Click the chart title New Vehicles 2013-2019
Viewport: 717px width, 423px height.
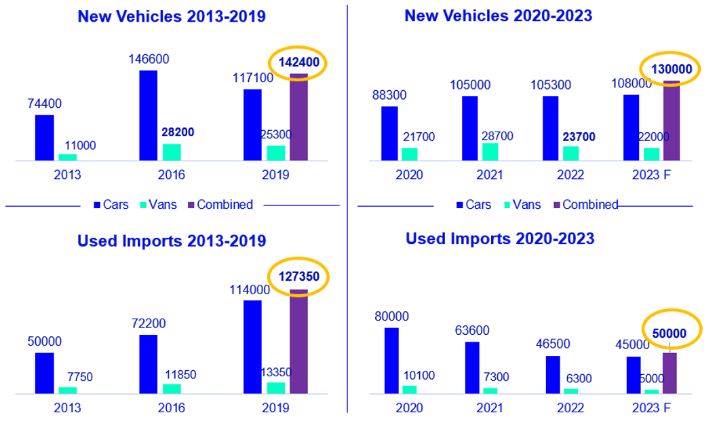point(172,16)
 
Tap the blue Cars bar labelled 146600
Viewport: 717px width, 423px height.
point(149,115)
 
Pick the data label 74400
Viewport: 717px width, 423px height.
point(45,104)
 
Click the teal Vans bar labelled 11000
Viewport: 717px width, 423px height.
point(68,157)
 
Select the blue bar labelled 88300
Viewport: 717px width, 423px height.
point(389,134)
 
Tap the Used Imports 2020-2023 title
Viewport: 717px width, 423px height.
point(500,239)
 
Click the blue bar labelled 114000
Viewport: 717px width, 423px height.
point(252,346)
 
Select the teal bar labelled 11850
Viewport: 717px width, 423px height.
point(172,388)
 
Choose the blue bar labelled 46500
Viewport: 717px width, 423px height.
point(553,374)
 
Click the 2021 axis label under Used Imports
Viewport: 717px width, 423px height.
point(488,407)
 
